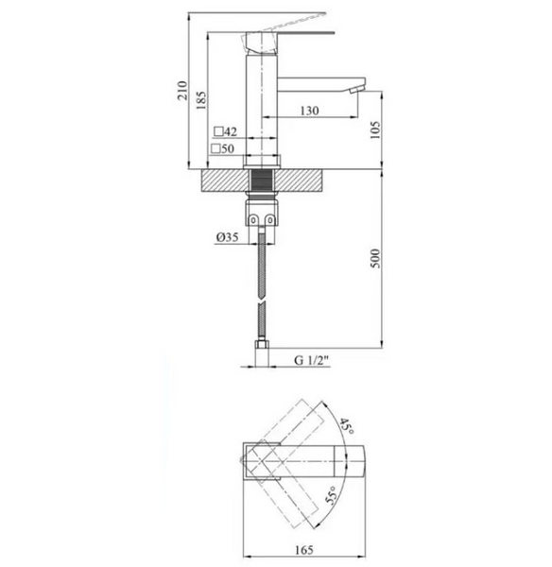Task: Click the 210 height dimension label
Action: coord(182,91)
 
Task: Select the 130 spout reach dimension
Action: coord(310,111)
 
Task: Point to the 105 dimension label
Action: coord(375,129)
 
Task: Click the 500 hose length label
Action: coord(375,258)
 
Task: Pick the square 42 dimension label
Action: coord(225,131)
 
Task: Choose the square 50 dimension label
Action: coord(223,148)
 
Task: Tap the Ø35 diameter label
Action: coord(227,237)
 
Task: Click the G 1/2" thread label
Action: coord(312,360)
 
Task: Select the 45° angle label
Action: coord(346,427)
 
